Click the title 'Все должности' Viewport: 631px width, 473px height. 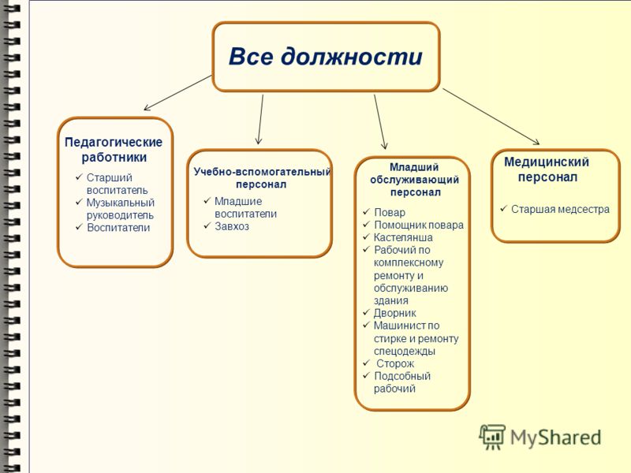click(326, 56)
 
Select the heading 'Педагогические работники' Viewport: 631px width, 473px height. click(114, 150)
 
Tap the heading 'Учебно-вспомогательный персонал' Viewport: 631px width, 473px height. click(262, 178)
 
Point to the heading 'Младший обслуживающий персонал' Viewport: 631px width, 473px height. click(415, 180)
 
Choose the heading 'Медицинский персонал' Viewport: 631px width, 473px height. click(547, 169)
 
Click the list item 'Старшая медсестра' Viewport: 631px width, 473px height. click(560, 209)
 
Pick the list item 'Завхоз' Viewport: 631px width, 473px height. click(232, 226)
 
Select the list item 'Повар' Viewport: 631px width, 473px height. click(390, 212)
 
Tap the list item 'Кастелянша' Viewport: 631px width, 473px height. click(403, 237)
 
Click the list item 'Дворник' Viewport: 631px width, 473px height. click(395, 313)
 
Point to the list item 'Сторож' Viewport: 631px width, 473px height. click(395, 363)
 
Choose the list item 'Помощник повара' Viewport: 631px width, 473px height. click(419, 225)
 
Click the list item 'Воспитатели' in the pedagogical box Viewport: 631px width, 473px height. click(118, 228)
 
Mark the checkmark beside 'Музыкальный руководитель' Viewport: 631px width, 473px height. click(79, 202)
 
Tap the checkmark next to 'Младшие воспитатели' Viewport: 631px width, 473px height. click(207, 200)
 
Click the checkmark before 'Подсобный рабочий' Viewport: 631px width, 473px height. click(366, 375)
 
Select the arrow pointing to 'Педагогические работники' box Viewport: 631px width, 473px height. click(177, 92)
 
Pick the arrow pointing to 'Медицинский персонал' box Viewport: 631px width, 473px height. click(491, 116)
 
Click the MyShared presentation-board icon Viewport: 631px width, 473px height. click(492, 437)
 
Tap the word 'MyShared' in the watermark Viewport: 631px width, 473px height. click(556, 438)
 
